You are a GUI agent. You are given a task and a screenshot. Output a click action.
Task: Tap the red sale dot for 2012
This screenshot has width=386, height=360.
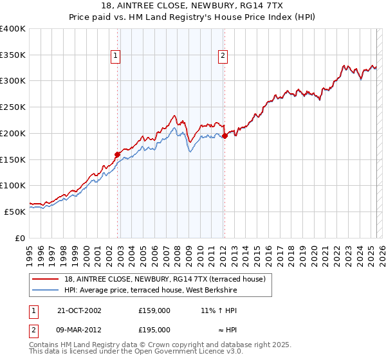[x=225, y=136]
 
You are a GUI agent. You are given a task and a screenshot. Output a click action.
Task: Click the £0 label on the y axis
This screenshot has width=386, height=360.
[x=19, y=237]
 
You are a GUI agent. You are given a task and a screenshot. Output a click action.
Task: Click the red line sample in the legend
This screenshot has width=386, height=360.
[x=46, y=279]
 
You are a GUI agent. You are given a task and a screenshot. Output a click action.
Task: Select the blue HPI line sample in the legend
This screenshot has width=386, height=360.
[x=46, y=291]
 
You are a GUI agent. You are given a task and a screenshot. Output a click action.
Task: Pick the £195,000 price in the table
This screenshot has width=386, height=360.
[x=154, y=330]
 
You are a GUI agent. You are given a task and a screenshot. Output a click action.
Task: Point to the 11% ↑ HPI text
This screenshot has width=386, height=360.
[x=218, y=310]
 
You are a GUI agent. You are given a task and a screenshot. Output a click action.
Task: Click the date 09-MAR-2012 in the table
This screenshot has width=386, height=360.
[x=80, y=330]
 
